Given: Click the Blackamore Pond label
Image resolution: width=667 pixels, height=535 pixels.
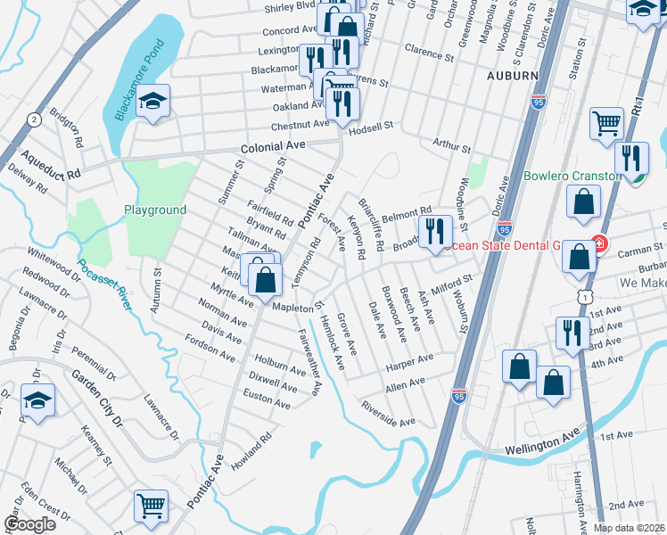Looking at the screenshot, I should click(134, 81).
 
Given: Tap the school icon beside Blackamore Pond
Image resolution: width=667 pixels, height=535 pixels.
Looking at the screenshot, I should click(154, 103).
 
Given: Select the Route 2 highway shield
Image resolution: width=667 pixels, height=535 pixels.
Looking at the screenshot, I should click(34, 119).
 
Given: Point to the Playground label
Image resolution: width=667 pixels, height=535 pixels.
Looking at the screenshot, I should click(155, 210).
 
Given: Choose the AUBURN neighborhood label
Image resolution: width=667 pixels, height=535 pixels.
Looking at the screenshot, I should click(513, 77).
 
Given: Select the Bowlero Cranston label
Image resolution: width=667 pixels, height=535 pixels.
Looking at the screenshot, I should click(572, 176).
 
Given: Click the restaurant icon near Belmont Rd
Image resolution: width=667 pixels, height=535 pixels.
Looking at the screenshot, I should click(434, 231).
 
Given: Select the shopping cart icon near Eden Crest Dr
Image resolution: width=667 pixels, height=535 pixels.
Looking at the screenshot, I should click(151, 506).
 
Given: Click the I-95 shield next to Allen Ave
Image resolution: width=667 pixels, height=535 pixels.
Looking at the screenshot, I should click(459, 391).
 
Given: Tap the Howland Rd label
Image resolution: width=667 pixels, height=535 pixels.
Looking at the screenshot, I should click(251, 451).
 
